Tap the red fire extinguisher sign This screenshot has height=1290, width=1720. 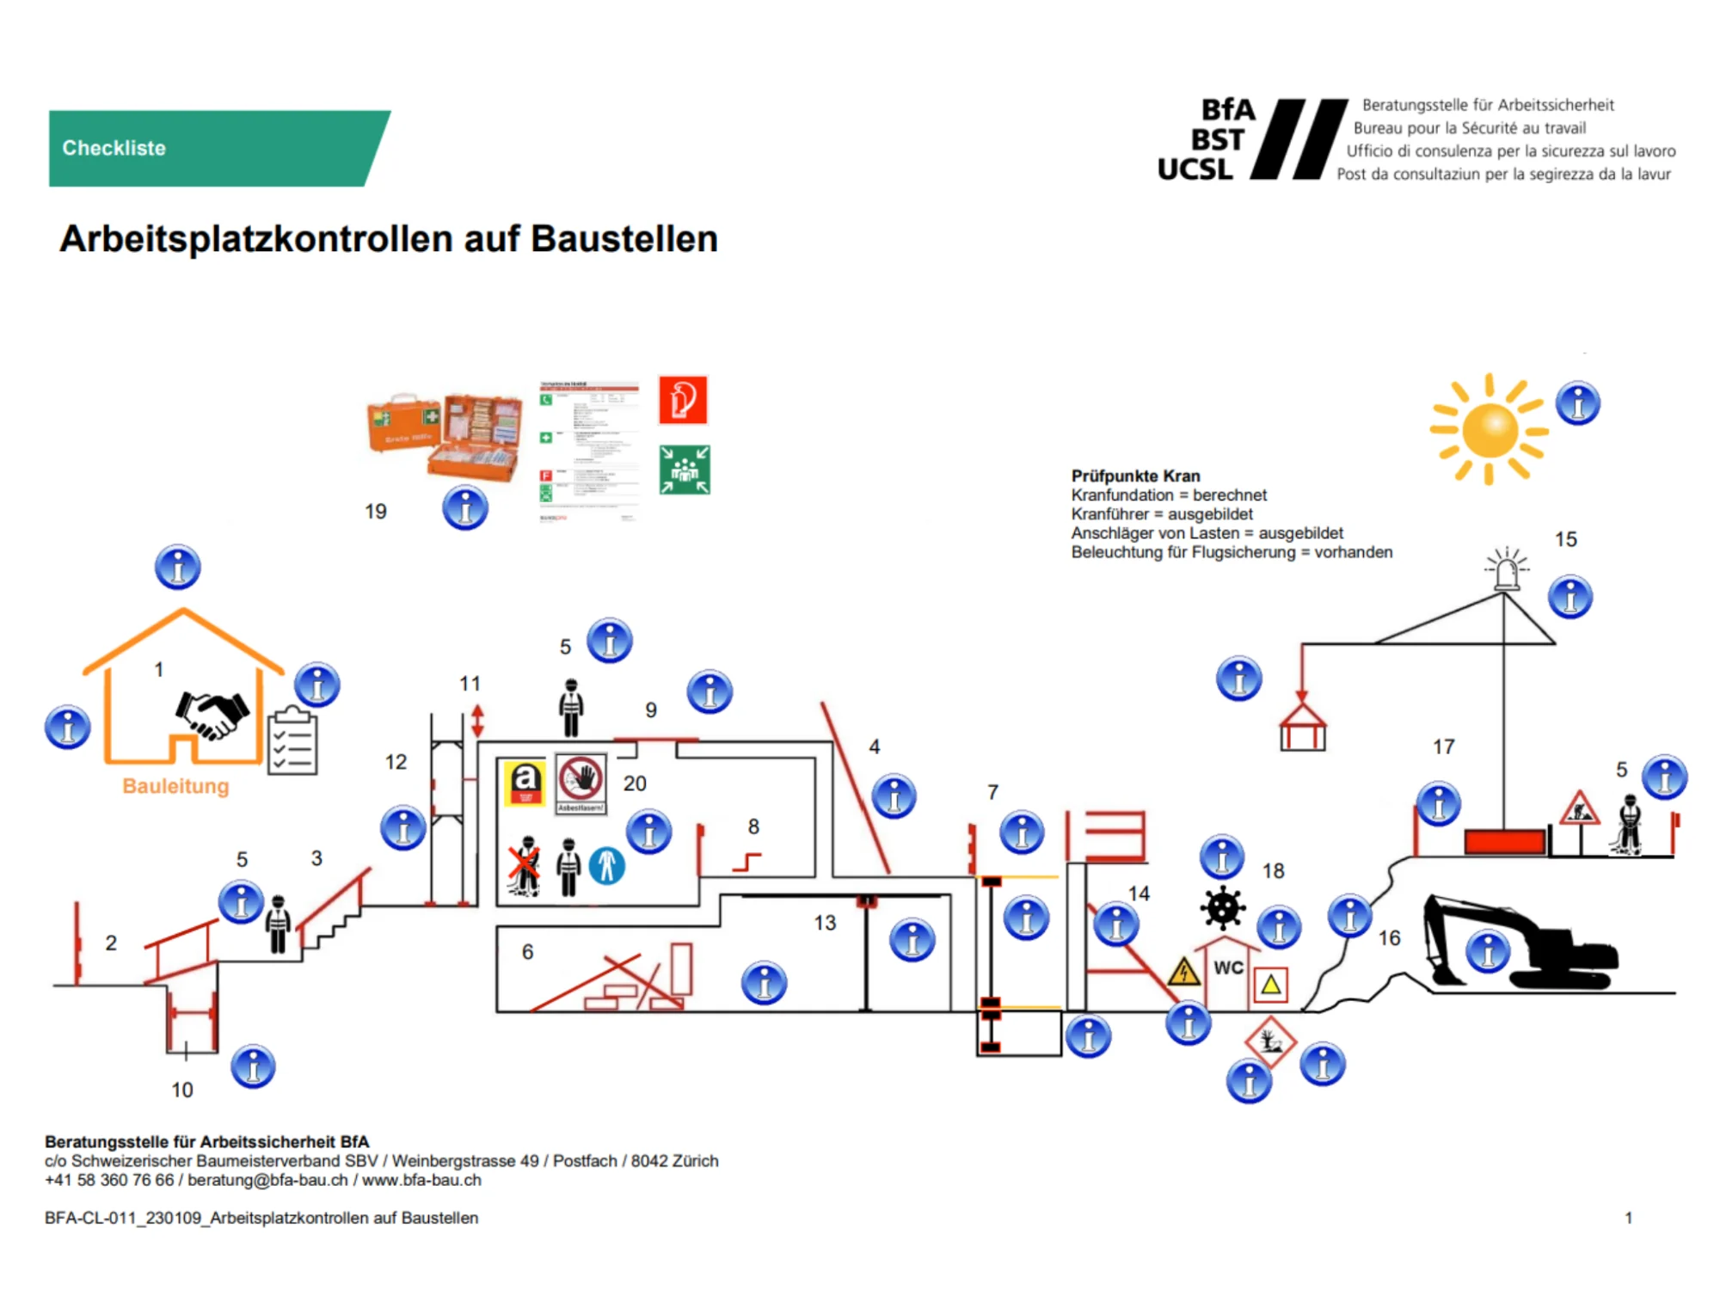[683, 400]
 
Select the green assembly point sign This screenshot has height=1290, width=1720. [685, 470]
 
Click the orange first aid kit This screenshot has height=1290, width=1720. [445, 434]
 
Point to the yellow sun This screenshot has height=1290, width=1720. [1489, 429]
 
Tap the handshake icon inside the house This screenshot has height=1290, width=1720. [212, 714]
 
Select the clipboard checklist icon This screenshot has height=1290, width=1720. [292, 741]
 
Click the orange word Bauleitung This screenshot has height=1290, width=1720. [175, 786]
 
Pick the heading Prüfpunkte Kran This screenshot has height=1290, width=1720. [1135, 476]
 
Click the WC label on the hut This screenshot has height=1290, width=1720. [1228, 967]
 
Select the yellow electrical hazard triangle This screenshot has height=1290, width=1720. [1184, 972]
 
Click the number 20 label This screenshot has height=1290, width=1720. [635, 783]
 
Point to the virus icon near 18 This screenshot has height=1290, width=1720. [1222, 908]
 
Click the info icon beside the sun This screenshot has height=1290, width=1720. [1577, 403]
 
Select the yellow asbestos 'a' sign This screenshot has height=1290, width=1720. [525, 783]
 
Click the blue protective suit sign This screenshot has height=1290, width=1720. [607, 865]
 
